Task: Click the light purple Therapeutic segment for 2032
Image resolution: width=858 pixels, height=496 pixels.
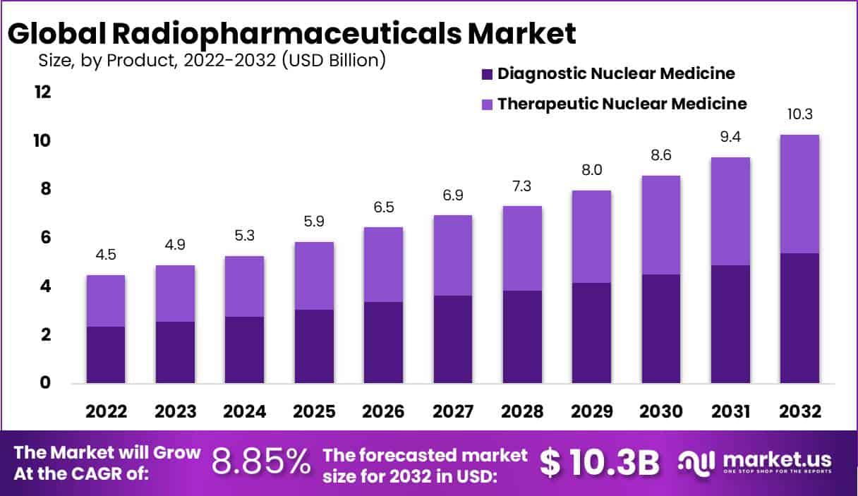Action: pos(799,194)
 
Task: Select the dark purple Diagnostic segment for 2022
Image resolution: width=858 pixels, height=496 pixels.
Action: pos(106,355)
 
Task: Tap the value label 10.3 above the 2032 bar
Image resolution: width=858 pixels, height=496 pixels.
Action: pos(800,114)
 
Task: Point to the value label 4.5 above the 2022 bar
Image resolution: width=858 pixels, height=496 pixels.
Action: pos(106,255)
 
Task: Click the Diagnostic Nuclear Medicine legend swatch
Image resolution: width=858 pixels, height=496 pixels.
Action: pos(486,73)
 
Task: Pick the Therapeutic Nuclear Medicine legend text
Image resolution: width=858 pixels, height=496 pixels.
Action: pos(622,104)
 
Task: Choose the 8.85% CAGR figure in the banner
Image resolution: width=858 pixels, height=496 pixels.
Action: pos(262,463)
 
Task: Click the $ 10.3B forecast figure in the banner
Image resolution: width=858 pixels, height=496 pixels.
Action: pos(600,463)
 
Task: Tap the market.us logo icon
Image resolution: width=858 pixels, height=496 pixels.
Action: pos(697,462)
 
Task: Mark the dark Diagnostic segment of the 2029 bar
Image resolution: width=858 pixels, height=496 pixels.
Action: pos(591,333)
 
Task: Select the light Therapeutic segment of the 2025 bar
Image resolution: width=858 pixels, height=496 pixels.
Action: pos(314,276)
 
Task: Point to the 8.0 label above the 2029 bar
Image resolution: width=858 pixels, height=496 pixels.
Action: pos(591,170)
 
